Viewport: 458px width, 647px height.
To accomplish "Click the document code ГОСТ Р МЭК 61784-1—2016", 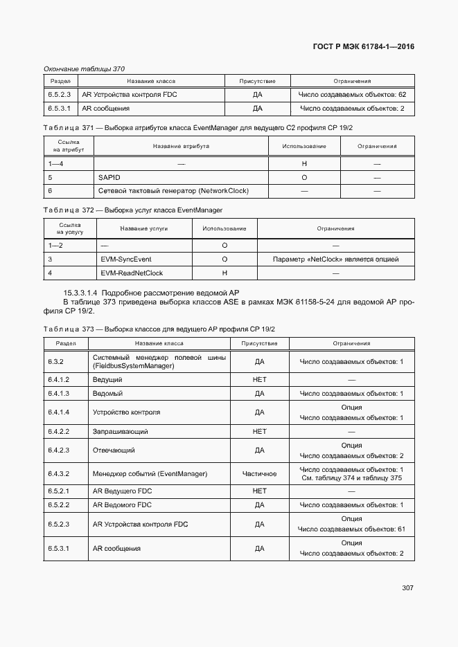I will [x=364, y=47].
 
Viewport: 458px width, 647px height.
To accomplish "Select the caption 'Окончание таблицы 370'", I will [x=84, y=69].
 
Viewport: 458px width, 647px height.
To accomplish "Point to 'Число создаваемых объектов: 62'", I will [x=352, y=94].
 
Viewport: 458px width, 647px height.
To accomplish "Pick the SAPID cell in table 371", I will [x=109, y=177].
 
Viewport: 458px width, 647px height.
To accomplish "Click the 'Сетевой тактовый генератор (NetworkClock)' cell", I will [x=173, y=190].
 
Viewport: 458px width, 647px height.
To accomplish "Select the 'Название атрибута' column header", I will [x=181, y=146].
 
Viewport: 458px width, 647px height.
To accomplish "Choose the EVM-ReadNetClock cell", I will [x=132, y=273].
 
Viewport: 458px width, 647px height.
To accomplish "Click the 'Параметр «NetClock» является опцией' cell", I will [x=336, y=259].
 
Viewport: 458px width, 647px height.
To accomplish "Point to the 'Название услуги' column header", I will [x=143, y=228].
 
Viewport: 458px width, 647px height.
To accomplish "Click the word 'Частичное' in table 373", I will [x=259, y=473].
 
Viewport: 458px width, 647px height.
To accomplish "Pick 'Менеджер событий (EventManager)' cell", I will [x=150, y=473].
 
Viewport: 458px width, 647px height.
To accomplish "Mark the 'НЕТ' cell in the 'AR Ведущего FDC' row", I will [x=259, y=491].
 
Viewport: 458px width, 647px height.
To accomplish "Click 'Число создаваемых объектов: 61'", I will [x=352, y=529].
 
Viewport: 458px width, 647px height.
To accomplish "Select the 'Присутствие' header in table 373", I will [x=259, y=343].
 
